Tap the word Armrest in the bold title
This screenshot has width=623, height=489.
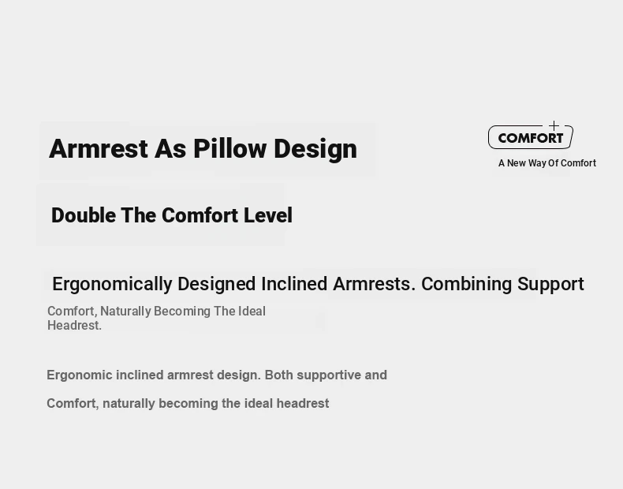[99, 149]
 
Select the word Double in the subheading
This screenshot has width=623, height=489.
[84, 215]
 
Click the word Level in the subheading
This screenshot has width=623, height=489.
[268, 215]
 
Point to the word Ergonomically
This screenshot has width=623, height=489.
[112, 285]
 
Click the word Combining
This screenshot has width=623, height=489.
[466, 285]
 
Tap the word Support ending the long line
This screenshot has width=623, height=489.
[550, 285]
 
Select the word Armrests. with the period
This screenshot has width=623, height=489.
[375, 284]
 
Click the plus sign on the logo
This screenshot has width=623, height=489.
[554, 126]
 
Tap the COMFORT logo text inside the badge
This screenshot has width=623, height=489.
[531, 138]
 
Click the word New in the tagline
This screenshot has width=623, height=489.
[516, 163]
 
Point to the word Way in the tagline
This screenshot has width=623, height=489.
[537, 163]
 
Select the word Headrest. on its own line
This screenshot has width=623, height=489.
[74, 325]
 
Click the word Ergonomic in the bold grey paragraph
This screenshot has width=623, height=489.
[80, 375]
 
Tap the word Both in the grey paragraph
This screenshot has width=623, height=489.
[279, 375]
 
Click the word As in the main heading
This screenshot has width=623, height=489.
[170, 149]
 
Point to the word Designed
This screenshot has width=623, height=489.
[217, 285]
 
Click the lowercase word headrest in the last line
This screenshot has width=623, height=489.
[303, 404]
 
